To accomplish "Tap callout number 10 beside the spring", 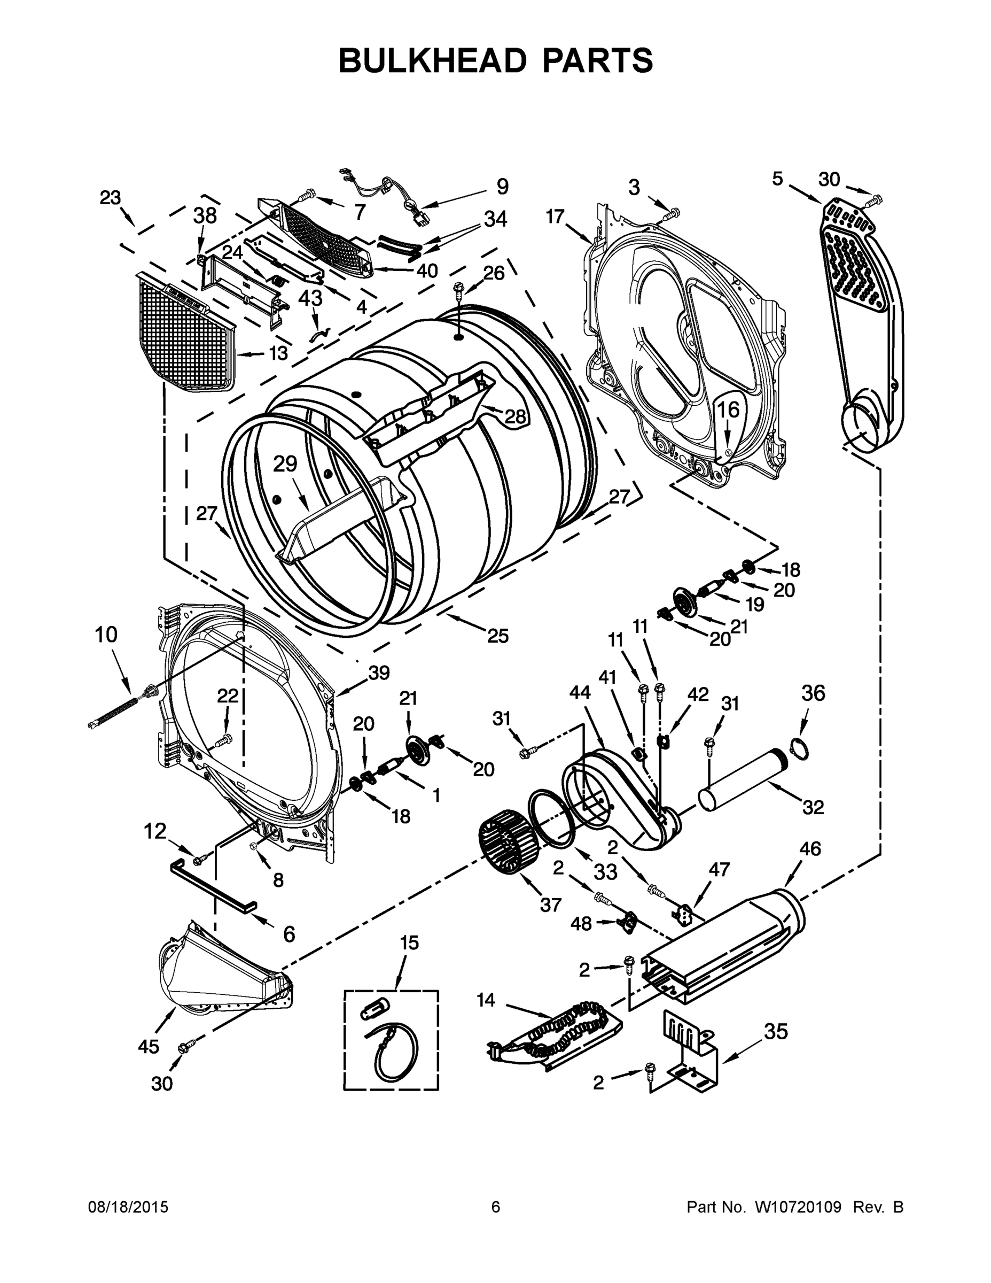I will coord(106,635).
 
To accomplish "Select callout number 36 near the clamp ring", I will coord(813,693).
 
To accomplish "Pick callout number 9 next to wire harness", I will coord(503,187).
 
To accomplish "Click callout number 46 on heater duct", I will coord(810,849).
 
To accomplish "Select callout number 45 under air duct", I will coord(148,1046).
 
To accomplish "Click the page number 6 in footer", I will coord(496,1207).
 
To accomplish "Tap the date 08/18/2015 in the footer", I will coord(128,1207).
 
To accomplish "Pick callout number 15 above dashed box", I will coord(410,943).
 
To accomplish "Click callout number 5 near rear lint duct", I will coord(777,179).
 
